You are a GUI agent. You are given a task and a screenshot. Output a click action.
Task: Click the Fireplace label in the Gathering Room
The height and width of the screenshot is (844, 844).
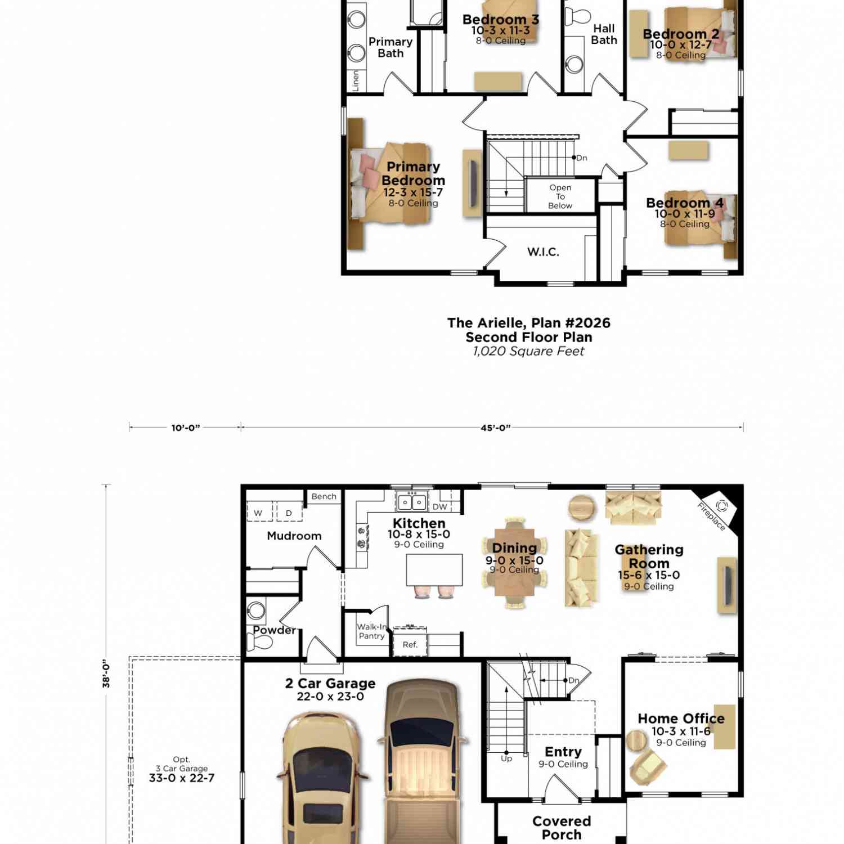[711, 517]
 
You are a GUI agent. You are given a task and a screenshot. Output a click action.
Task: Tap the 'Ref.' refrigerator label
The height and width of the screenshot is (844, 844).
[410, 645]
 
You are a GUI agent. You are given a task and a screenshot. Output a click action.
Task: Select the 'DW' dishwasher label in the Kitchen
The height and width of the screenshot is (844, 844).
[440, 507]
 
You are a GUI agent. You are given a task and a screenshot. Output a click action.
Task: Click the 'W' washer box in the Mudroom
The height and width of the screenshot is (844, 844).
[258, 513]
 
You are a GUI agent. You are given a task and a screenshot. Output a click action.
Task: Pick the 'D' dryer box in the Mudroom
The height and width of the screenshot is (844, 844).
[289, 513]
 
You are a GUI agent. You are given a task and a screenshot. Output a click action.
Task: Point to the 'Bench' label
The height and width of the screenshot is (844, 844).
[324, 496]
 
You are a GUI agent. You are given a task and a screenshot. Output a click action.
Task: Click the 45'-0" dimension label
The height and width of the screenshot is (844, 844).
[496, 428]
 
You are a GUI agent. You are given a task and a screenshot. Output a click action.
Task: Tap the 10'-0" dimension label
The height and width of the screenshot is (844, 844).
[186, 428]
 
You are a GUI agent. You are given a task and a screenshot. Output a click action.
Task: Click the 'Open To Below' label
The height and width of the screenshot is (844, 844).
[560, 196]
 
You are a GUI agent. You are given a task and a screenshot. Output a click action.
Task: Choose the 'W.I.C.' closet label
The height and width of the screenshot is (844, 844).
[543, 252]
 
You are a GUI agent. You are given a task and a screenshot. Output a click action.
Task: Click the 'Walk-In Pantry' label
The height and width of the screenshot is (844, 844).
[372, 631]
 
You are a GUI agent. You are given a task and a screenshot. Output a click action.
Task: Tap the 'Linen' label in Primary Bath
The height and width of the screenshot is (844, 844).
[356, 80]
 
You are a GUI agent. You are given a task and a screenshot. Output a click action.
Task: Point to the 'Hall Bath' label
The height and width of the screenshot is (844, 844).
[604, 34]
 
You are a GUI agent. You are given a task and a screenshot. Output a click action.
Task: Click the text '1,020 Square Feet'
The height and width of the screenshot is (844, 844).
[528, 351]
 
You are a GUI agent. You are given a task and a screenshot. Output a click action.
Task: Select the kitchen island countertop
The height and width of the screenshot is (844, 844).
[434, 570]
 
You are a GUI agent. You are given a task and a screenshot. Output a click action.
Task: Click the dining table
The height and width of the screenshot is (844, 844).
[514, 562]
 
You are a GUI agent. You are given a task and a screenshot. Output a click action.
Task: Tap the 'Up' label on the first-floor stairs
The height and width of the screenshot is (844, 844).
[506, 758]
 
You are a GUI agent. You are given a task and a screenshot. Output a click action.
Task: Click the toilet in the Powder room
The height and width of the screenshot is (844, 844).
[259, 642]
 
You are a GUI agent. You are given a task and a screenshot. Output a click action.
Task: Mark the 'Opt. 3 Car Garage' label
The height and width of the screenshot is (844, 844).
[182, 769]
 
